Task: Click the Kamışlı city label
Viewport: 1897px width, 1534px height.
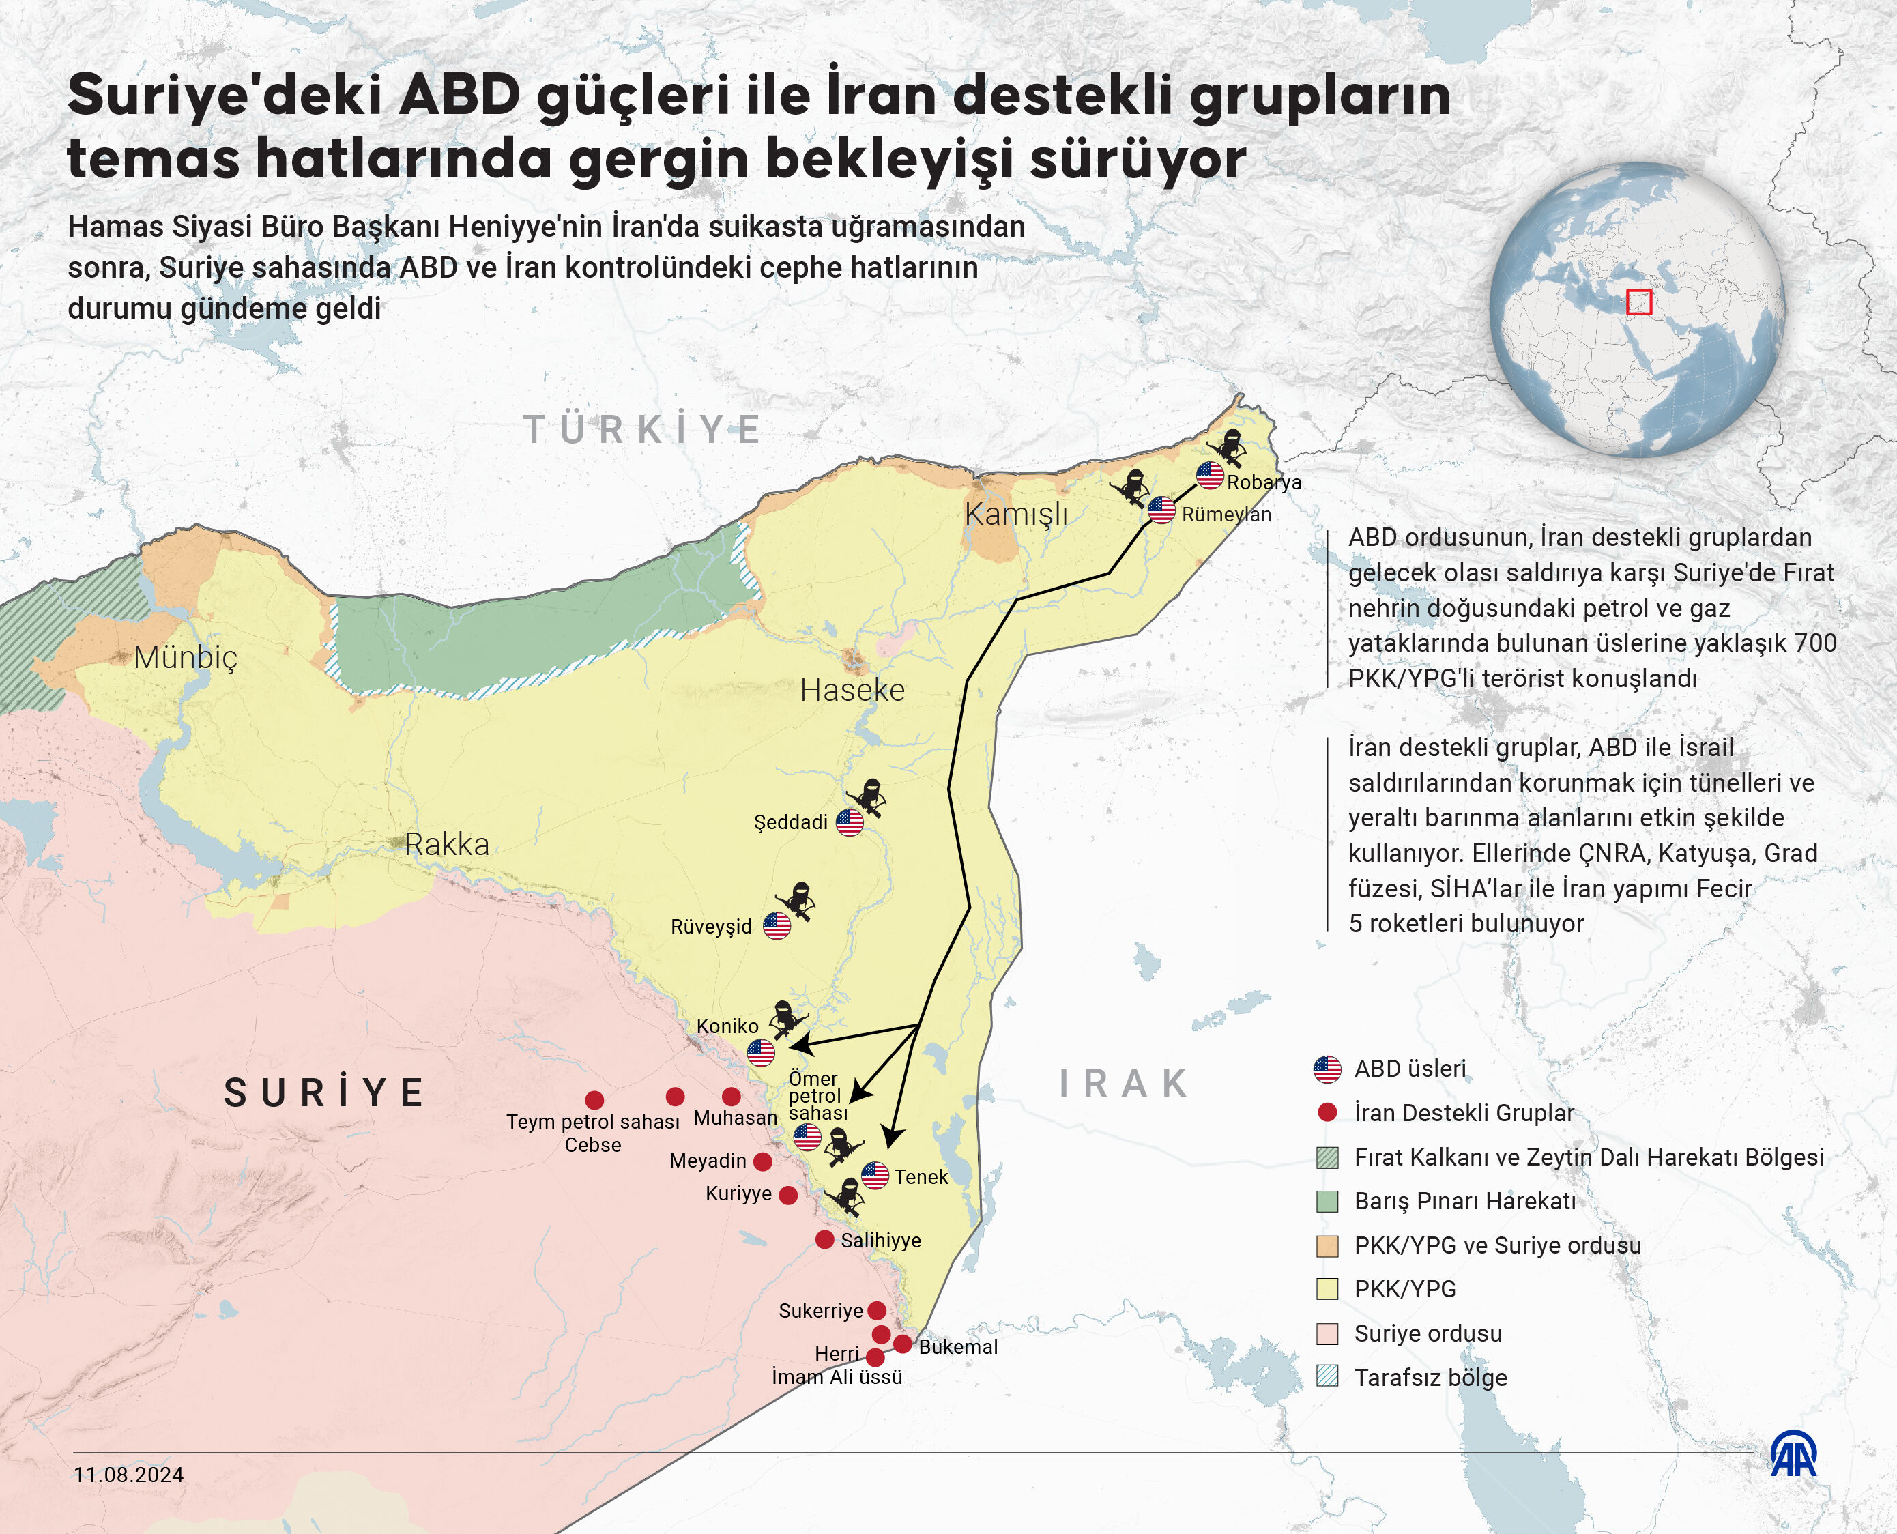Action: click(1015, 513)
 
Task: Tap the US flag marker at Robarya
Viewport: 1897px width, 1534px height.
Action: click(1210, 476)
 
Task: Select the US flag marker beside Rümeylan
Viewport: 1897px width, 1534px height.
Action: click(1161, 510)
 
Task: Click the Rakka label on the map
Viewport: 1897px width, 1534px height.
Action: click(446, 844)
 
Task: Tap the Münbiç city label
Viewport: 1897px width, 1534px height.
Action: click(186, 656)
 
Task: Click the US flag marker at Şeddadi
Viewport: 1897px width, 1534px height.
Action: click(849, 822)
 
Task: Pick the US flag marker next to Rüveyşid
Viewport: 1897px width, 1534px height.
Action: click(777, 925)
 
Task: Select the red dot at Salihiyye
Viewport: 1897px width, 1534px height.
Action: click(824, 1239)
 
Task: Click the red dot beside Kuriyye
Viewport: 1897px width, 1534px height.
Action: click(788, 1195)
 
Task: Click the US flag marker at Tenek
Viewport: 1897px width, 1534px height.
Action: click(875, 1175)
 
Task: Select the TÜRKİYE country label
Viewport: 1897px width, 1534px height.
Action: click(643, 431)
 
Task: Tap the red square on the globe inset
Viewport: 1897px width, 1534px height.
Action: click(1638, 302)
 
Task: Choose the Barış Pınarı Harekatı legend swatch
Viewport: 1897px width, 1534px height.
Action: click(1327, 1201)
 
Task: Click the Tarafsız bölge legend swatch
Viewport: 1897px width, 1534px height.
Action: click(1327, 1376)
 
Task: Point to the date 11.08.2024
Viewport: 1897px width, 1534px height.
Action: click(129, 1475)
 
